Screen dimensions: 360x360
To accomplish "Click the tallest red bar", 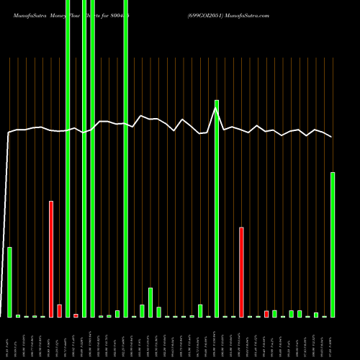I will click(x=51, y=259).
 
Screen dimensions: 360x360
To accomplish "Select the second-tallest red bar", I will click(x=241, y=272).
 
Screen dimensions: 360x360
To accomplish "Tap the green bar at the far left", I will click(x=9, y=282).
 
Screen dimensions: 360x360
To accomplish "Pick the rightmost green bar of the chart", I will click(x=333, y=245).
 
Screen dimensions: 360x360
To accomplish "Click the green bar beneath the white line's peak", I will click(x=216, y=209).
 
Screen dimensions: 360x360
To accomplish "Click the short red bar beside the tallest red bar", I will click(x=59, y=311).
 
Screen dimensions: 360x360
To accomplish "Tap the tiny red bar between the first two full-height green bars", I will click(x=76, y=315).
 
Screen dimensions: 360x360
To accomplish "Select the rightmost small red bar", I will click(x=266, y=313).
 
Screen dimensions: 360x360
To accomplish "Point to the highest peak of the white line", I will click(x=216, y=109).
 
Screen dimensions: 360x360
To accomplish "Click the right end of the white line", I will click(x=332, y=137).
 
